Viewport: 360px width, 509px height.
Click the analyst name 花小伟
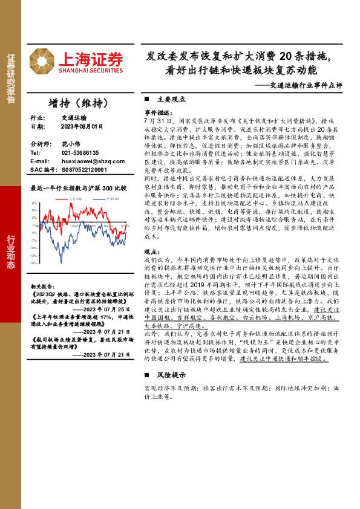coord(71,144)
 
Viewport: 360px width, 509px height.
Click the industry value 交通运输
coord(74,118)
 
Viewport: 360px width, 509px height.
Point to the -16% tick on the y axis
coord(33,263)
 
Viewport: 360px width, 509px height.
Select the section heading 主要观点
coord(167,99)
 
